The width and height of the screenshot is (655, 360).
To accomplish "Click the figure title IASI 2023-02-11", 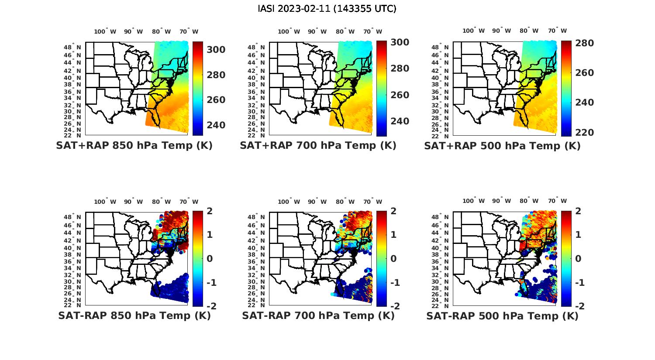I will (327, 8).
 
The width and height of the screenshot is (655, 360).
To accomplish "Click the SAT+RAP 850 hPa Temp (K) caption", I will (134, 146).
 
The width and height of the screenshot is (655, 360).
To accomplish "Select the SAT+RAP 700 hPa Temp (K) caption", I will (318, 146).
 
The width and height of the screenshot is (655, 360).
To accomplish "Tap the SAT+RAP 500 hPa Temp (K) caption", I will (502, 146).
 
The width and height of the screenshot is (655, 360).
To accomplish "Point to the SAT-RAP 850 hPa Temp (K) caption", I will (134, 315).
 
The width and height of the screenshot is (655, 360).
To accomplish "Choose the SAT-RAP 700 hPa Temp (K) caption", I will (318, 315).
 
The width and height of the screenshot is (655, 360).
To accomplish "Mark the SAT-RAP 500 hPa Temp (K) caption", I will (502, 315).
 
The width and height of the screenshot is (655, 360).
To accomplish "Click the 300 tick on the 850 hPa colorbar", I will (216, 50).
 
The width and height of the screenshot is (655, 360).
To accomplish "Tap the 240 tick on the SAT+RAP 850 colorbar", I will (216, 125).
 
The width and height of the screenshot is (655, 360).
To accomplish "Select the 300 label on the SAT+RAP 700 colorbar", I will (400, 42).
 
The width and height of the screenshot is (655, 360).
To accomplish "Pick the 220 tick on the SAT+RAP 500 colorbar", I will (584, 133).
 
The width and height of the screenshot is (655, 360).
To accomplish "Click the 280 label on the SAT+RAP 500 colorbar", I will (584, 43).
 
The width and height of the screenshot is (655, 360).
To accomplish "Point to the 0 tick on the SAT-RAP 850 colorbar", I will (209, 258).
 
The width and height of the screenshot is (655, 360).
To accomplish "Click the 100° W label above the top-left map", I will (105, 31).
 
